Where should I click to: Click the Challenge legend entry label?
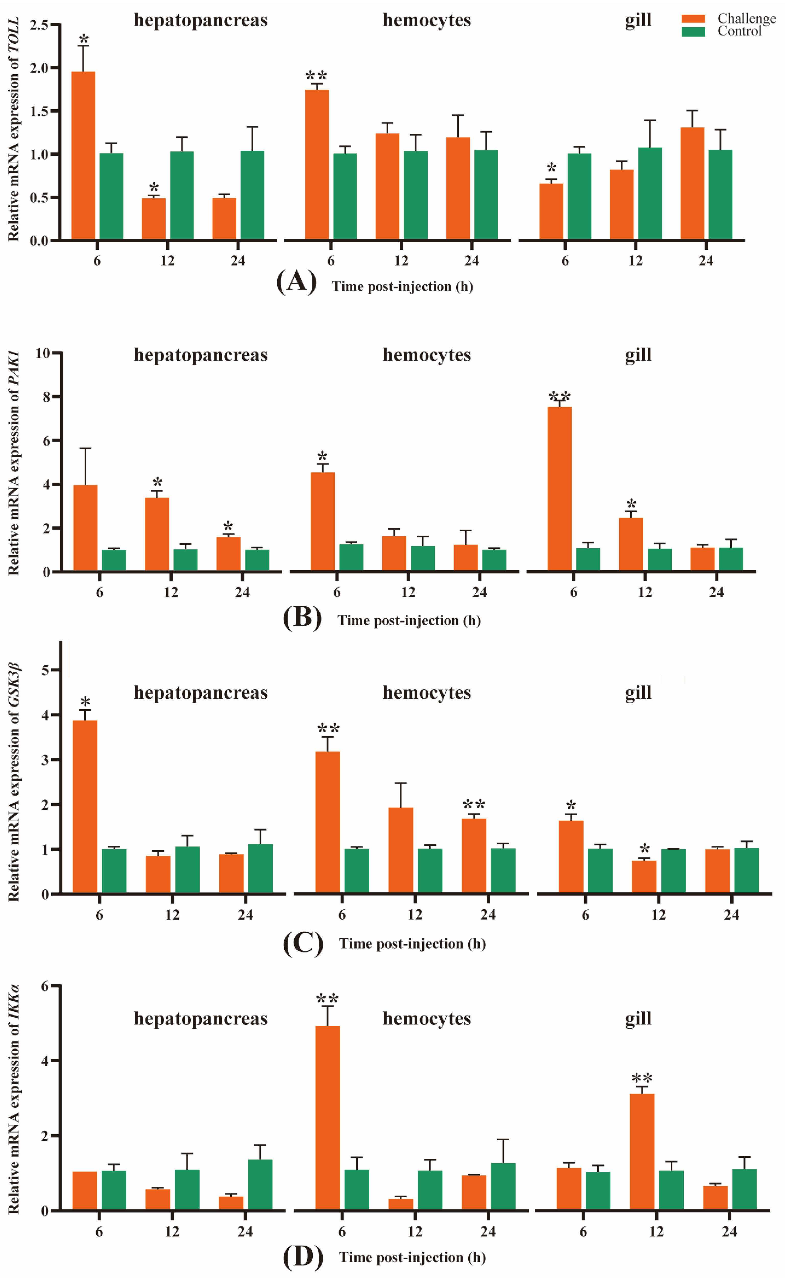pos(746,19)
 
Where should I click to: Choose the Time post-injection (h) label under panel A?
pos(402,287)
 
